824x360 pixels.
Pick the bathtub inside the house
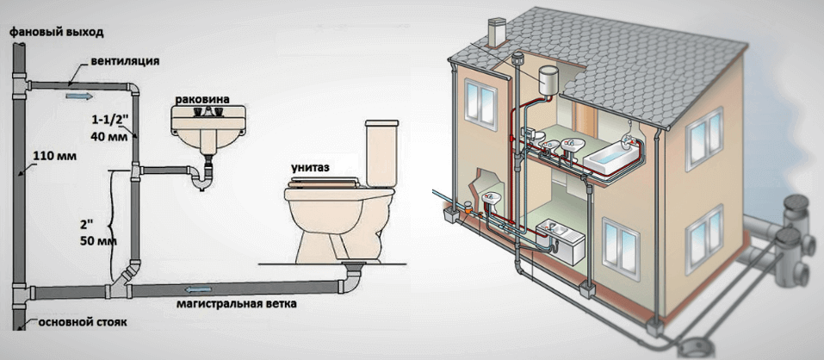click(610, 156)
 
